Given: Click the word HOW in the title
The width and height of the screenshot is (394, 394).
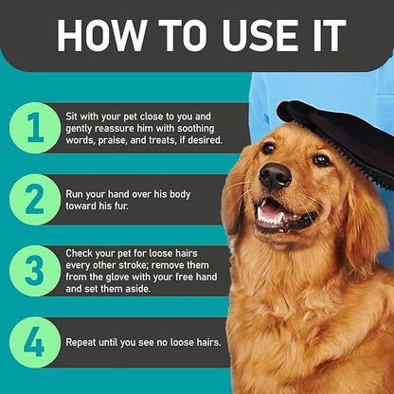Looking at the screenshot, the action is coord(100,35).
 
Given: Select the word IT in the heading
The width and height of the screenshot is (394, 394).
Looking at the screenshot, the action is coord(327,35).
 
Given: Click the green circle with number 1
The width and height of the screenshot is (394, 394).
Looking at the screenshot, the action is coord(35,128).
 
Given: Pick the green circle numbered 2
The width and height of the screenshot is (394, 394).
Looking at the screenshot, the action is coord(35,200).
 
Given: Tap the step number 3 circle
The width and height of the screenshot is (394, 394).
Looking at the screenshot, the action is coord(35,271).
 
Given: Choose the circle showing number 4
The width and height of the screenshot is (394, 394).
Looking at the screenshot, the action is coord(35,343).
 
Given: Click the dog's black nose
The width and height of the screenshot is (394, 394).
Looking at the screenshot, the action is coord(275,176).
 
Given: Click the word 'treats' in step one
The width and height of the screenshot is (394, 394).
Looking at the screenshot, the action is coord(159,140).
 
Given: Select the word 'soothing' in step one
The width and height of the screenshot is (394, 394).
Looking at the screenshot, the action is coord(195,129).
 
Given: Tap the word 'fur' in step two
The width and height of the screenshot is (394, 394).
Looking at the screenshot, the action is coord(121,206).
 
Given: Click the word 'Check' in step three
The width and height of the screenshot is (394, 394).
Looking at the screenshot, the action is coord(79,253).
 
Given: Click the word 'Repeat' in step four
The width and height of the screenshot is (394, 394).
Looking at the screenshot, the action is coord(81,343).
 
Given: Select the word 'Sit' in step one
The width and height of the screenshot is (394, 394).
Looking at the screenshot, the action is coord(72,116).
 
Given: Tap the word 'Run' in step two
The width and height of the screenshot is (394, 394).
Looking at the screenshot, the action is coord(74,194).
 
